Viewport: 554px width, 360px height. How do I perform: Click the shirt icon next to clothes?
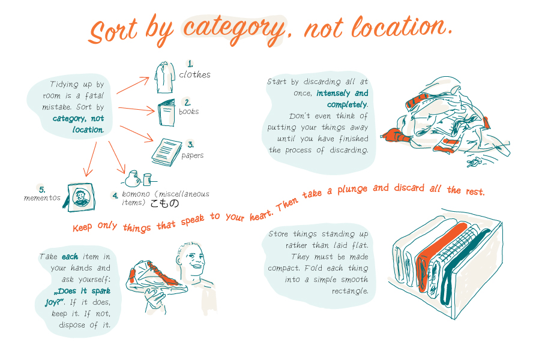click(x=164, y=77)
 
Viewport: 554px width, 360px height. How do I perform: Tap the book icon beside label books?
click(x=166, y=113)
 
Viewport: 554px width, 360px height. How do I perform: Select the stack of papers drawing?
click(x=166, y=152)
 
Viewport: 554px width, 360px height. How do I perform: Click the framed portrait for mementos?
click(x=80, y=197)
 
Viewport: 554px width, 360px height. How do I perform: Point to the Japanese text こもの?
click(x=164, y=203)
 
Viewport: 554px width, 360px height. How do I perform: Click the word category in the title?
click(x=233, y=30)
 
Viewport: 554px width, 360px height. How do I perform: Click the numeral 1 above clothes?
click(x=190, y=64)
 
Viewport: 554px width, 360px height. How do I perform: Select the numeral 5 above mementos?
click(x=42, y=190)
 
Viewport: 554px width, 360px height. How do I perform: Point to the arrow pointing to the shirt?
click(x=133, y=85)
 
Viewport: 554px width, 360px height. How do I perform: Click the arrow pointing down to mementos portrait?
click(x=90, y=160)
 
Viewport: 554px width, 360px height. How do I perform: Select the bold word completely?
click(x=348, y=104)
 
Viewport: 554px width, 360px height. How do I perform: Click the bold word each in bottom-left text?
click(x=70, y=256)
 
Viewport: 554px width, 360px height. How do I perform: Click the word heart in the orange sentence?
click(x=261, y=214)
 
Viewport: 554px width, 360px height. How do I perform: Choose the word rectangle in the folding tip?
click(x=350, y=291)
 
